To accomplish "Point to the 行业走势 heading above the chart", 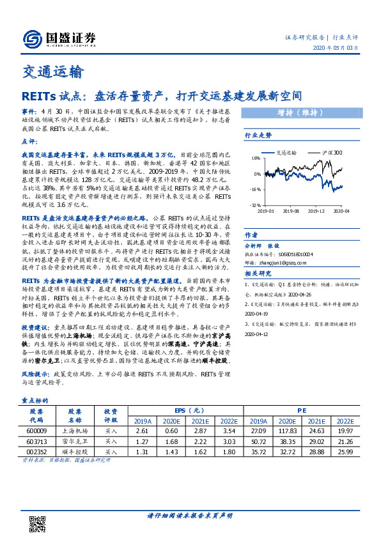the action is point(259,136).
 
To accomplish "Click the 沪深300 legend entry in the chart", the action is point(330,153).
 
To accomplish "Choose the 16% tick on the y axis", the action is point(255,159).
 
